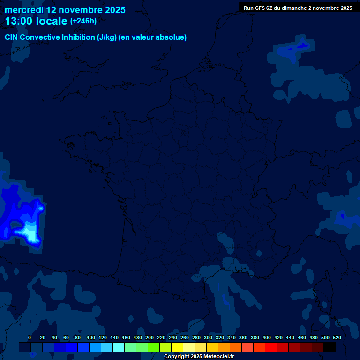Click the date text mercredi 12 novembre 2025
pos(65,10)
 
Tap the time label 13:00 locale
pos(36,21)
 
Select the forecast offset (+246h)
pos(83,21)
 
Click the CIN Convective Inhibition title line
pos(96,37)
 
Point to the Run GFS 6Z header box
pos(298,7)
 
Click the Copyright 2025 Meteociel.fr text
pos(199,356)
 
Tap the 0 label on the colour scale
pos(30,337)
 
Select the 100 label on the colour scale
pos(91,337)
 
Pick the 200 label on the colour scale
pos(150,337)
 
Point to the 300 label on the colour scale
pos(208,337)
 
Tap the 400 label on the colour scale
pos(267,337)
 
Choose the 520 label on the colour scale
pos(337,337)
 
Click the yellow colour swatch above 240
pos(177,347)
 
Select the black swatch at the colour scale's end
pos(330,347)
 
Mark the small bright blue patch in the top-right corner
pos(302,45)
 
